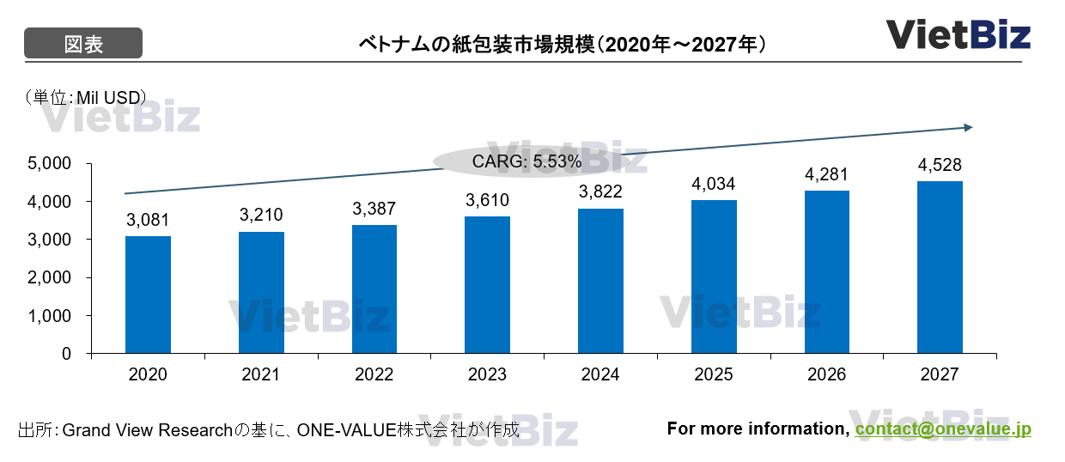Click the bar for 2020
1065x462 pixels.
click(x=148, y=295)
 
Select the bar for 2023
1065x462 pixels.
click(x=487, y=285)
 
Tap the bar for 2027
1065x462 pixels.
click(x=940, y=267)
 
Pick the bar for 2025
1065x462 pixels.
click(x=714, y=277)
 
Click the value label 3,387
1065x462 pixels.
click(x=374, y=209)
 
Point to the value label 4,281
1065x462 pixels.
click(x=826, y=174)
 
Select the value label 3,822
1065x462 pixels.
click(x=600, y=191)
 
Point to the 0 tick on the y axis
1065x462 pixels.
click(x=76, y=353)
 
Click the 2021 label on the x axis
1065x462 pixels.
click(x=261, y=375)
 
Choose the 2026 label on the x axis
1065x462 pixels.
click(x=826, y=375)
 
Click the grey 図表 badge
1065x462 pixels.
click(x=82, y=43)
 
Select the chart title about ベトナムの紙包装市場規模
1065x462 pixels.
click(x=563, y=43)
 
